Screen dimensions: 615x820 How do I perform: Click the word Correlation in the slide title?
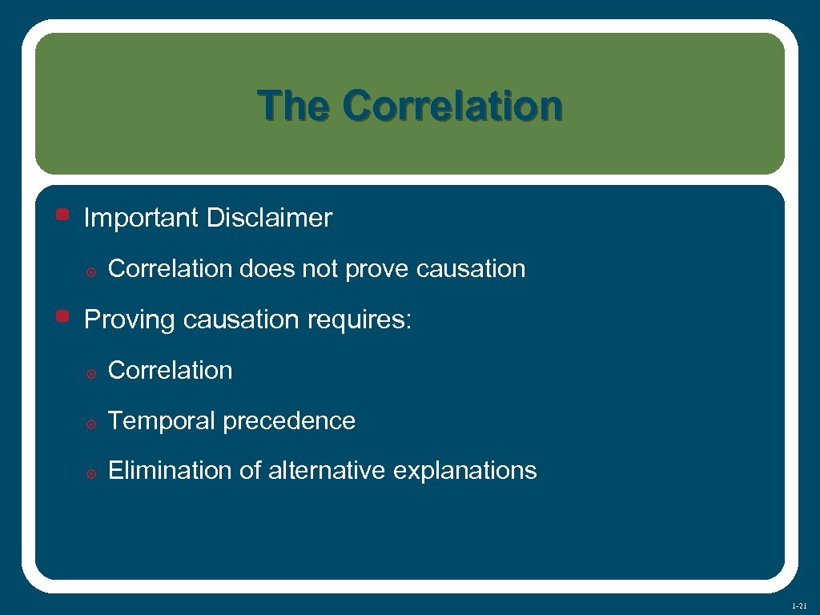coord(452,106)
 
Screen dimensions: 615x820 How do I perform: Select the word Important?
coord(142,218)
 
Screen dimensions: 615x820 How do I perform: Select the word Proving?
coord(131,320)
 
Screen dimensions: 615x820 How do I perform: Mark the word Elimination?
coord(171,471)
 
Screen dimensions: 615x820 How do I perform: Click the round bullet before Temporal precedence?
coord(91,424)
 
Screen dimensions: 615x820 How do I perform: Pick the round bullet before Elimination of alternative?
coord(91,473)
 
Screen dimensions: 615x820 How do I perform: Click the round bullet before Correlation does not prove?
coord(91,271)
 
